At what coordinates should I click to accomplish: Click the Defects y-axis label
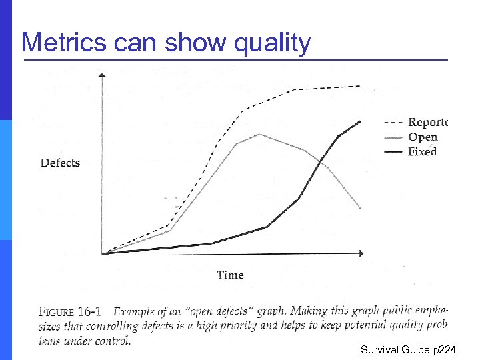tap(60, 163)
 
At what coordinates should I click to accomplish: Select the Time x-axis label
tap(230, 275)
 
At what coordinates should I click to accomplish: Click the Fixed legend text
tap(423, 152)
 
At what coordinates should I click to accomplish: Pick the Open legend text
tap(423, 137)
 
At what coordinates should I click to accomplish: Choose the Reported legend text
tap(427, 123)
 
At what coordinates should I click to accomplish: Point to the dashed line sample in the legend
tap(394, 123)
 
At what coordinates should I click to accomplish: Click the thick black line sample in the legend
tap(394, 152)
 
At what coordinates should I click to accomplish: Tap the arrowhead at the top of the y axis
tap(101, 75)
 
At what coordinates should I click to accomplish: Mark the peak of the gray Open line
tap(259, 134)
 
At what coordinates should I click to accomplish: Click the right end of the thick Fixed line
tap(361, 121)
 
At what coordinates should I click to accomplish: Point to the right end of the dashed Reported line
tap(361, 85)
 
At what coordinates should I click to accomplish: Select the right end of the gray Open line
tap(361, 209)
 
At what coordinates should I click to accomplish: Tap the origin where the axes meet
tap(102, 253)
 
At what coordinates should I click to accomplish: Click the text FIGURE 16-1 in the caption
tap(70, 312)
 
